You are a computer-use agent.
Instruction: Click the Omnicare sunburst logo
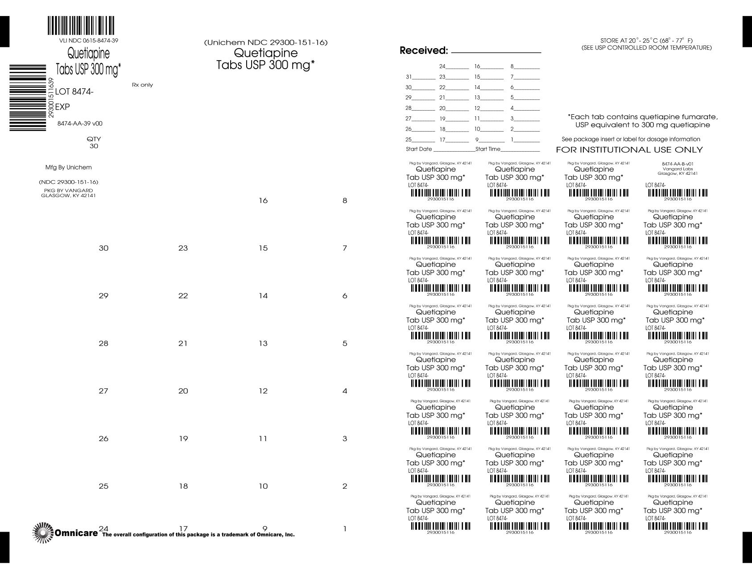click(x=43, y=533)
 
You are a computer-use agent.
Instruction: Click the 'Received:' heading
click(x=423, y=51)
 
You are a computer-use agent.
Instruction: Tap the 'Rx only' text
click(x=142, y=85)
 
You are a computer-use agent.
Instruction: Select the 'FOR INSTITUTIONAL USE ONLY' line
click(x=629, y=150)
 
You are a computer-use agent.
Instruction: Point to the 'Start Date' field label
click(x=419, y=149)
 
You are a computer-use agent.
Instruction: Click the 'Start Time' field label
click(x=488, y=149)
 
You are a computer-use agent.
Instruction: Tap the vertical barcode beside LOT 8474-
click(x=28, y=98)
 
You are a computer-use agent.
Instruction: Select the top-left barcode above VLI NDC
click(x=81, y=26)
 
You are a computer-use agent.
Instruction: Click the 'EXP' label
click(x=62, y=107)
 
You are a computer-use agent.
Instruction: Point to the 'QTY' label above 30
click(x=94, y=139)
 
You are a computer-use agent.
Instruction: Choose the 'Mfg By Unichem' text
click(x=68, y=168)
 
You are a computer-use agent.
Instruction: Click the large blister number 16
click(x=263, y=201)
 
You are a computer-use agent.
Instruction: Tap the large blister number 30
click(x=103, y=248)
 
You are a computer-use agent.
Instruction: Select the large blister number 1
click(x=345, y=529)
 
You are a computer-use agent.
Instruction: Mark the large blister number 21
click(x=183, y=343)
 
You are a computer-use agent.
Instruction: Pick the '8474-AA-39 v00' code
click(x=80, y=124)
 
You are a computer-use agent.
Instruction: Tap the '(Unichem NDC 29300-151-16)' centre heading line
click(x=266, y=42)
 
